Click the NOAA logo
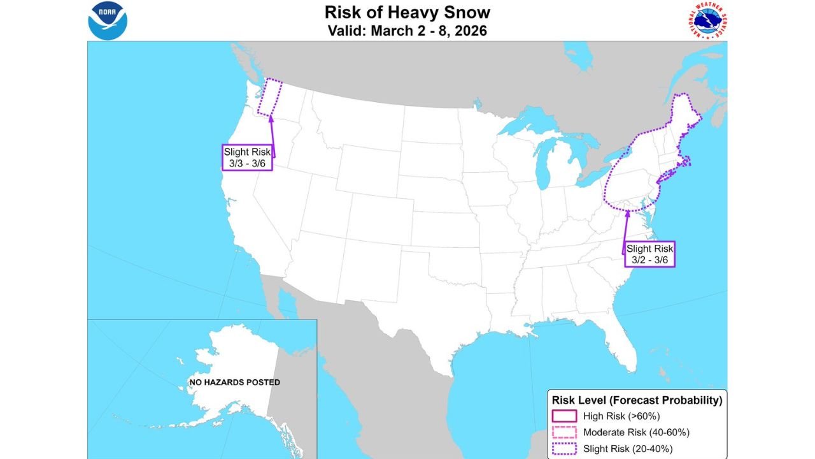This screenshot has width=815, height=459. (x=108, y=20)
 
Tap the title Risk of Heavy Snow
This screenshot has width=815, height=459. (x=407, y=12)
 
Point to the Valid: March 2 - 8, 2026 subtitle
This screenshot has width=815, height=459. (x=407, y=31)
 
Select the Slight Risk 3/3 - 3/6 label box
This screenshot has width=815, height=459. (x=248, y=157)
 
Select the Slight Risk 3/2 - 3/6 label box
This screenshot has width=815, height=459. (x=649, y=254)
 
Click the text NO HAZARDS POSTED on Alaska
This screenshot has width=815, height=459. (x=234, y=382)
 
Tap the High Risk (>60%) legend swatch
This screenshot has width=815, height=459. (x=565, y=416)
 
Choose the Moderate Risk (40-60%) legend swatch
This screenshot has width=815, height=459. (x=565, y=432)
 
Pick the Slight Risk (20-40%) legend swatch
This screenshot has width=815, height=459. (x=565, y=449)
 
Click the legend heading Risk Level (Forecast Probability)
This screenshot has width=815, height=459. (x=637, y=400)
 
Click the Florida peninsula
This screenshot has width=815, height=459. (x=621, y=344)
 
